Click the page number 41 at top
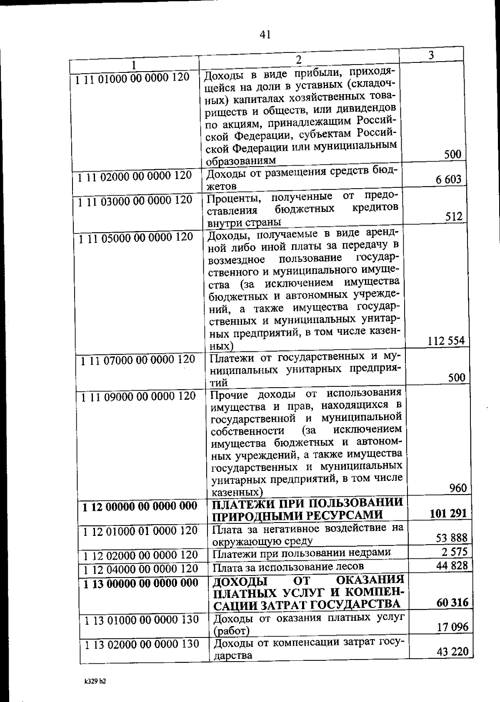point(265,35)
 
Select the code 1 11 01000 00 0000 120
point(132,77)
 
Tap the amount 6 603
point(448,179)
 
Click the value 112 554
point(446,341)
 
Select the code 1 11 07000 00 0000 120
point(138,359)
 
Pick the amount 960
point(458,488)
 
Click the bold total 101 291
point(448,513)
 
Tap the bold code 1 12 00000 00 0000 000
point(140,506)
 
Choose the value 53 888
point(451,538)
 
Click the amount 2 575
point(455,552)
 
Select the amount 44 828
point(452,565)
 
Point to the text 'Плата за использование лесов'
point(288,567)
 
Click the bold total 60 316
point(452,602)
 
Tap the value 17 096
point(452,627)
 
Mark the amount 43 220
point(452,651)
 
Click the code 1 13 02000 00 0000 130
point(142,644)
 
